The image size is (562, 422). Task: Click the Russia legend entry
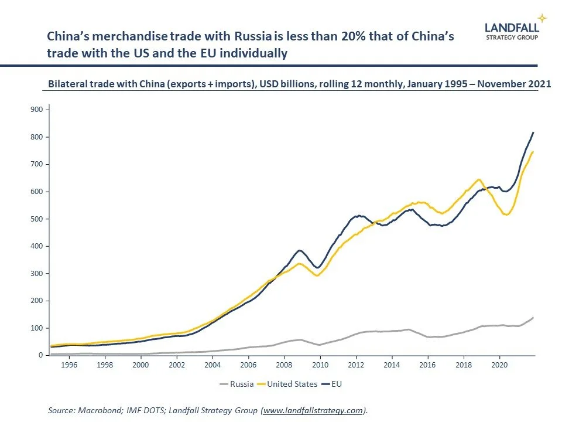click(240, 384)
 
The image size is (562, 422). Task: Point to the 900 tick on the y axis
click(35, 110)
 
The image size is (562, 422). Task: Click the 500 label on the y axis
click(35, 219)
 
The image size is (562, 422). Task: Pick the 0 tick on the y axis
click(40, 356)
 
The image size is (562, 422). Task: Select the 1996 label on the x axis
click(68, 364)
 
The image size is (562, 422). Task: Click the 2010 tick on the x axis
click(320, 364)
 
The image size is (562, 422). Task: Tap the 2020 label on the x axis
click(499, 364)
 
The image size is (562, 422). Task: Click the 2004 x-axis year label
click(213, 364)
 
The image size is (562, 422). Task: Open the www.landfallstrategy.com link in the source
click(314, 411)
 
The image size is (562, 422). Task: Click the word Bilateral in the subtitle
click(67, 84)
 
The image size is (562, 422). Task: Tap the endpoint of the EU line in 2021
click(533, 132)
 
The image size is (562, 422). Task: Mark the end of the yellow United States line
click(533, 152)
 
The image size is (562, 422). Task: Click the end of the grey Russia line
click(533, 318)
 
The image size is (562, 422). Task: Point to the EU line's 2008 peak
click(299, 250)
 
